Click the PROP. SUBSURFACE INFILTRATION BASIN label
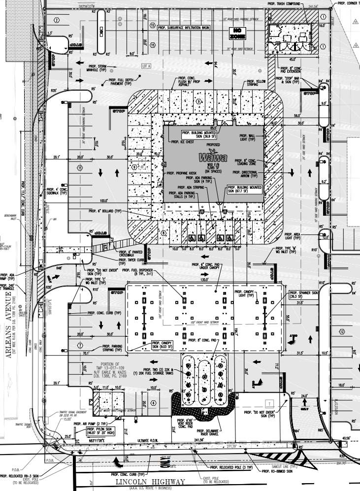[x=191, y=28]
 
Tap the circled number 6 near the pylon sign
[x=153, y=402]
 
